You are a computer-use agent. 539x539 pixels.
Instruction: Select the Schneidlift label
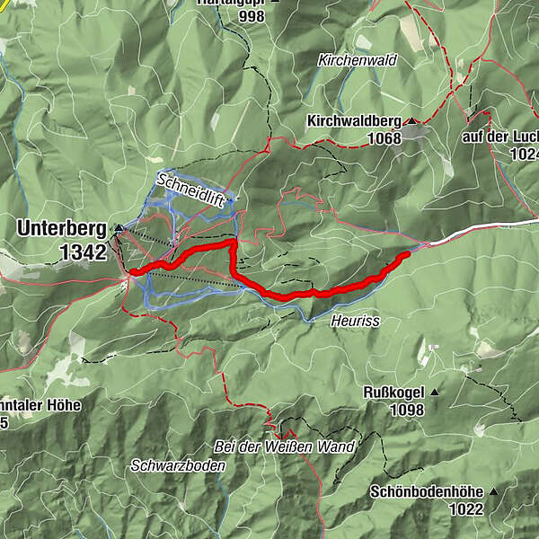coord(190,189)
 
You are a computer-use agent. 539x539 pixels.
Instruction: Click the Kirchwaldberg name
coord(354,120)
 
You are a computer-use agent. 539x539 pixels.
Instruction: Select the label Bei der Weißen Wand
coord(284,446)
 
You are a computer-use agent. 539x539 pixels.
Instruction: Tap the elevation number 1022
coord(467,509)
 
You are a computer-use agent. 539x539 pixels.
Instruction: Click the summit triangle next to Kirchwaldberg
coord(411,121)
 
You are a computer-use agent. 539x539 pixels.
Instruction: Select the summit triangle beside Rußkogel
coord(435,393)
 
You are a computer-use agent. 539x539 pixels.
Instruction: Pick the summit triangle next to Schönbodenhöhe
coord(492,492)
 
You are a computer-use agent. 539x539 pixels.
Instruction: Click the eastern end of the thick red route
coord(406,254)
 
